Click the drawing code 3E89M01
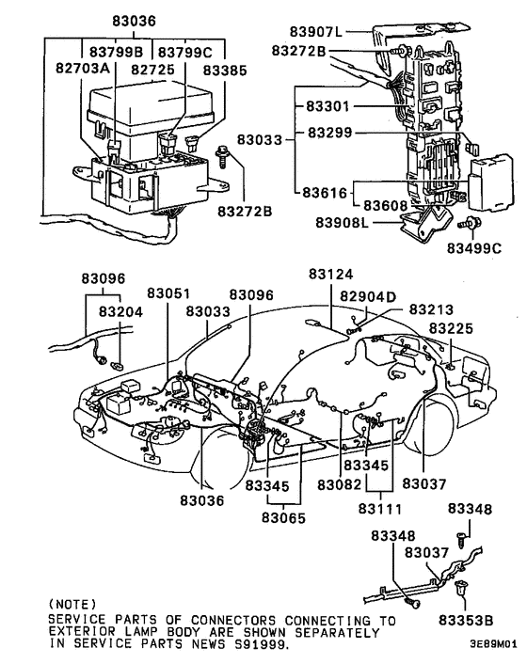[493, 647]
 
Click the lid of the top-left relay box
[151, 102]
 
